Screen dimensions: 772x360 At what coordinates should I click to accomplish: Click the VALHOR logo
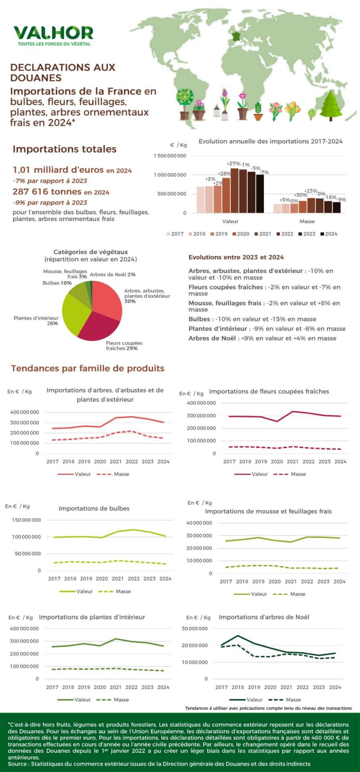(53, 35)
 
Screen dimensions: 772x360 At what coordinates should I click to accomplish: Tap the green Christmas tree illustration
(331, 105)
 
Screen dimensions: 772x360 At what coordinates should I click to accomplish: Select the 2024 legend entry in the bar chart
(329, 234)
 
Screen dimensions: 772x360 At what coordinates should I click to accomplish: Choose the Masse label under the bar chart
(307, 222)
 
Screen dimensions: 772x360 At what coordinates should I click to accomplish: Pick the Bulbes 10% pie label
(57, 283)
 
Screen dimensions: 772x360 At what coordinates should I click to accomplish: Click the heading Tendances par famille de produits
(88, 368)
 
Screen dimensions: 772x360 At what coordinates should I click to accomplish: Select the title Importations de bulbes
(94, 509)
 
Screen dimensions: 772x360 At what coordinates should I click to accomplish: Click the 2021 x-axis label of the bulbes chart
(117, 579)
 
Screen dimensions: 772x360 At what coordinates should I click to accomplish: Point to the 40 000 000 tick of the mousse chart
(199, 523)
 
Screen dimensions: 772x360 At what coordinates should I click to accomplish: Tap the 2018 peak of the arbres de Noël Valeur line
(238, 636)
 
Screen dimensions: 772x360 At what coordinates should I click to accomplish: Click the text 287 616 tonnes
(47, 192)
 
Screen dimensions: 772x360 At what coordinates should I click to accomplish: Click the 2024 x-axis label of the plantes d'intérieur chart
(163, 688)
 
